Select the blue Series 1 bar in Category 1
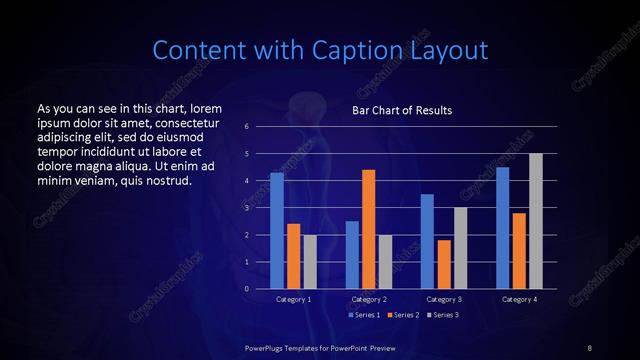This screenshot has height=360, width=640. (277, 230)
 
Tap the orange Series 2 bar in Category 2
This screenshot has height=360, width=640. (368, 229)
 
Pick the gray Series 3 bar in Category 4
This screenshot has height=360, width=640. (536, 221)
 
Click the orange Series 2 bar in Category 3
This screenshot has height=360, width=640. (444, 264)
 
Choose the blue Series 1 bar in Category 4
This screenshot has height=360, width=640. (502, 227)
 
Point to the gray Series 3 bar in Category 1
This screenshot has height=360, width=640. (310, 261)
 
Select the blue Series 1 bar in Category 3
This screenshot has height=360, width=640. (427, 241)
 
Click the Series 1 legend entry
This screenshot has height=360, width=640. (365, 315)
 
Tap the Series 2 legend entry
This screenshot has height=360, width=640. (404, 315)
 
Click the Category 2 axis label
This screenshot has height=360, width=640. (369, 299)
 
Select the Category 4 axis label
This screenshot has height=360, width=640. (519, 299)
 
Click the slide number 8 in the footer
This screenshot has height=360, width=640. (590, 346)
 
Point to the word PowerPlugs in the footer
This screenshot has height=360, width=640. (267, 346)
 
